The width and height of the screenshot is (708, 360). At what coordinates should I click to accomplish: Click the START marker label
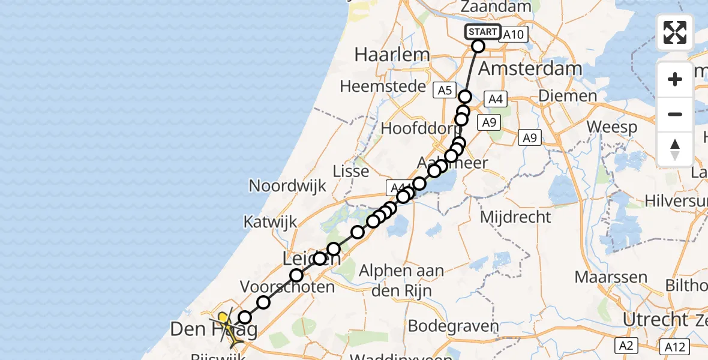pyautogui.click(x=482, y=32)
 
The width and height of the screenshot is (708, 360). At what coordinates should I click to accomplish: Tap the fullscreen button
pyautogui.click(x=675, y=32)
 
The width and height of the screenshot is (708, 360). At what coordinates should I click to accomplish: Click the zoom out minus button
pyautogui.click(x=675, y=114)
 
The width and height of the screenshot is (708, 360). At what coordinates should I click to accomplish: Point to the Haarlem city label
pyautogui.click(x=392, y=55)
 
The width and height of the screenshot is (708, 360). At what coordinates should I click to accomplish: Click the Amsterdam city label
pyautogui.click(x=530, y=68)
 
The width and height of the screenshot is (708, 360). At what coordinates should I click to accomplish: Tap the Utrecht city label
pyautogui.click(x=655, y=319)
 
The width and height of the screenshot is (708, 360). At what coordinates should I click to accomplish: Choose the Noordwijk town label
pyautogui.click(x=287, y=185)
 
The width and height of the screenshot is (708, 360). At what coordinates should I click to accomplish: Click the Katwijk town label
pyautogui.click(x=270, y=222)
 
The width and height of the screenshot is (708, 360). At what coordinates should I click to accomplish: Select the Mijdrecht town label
pyautogui.click(x=516, y=217)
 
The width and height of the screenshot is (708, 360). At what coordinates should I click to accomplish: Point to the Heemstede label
pyautogui.click(x=377, y=86)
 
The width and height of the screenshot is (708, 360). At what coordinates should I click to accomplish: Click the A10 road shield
pyautogui.click(x=514, y=35)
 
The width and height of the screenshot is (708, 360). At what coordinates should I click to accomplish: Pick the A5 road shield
pyautogui.click(x=444, y=90)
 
